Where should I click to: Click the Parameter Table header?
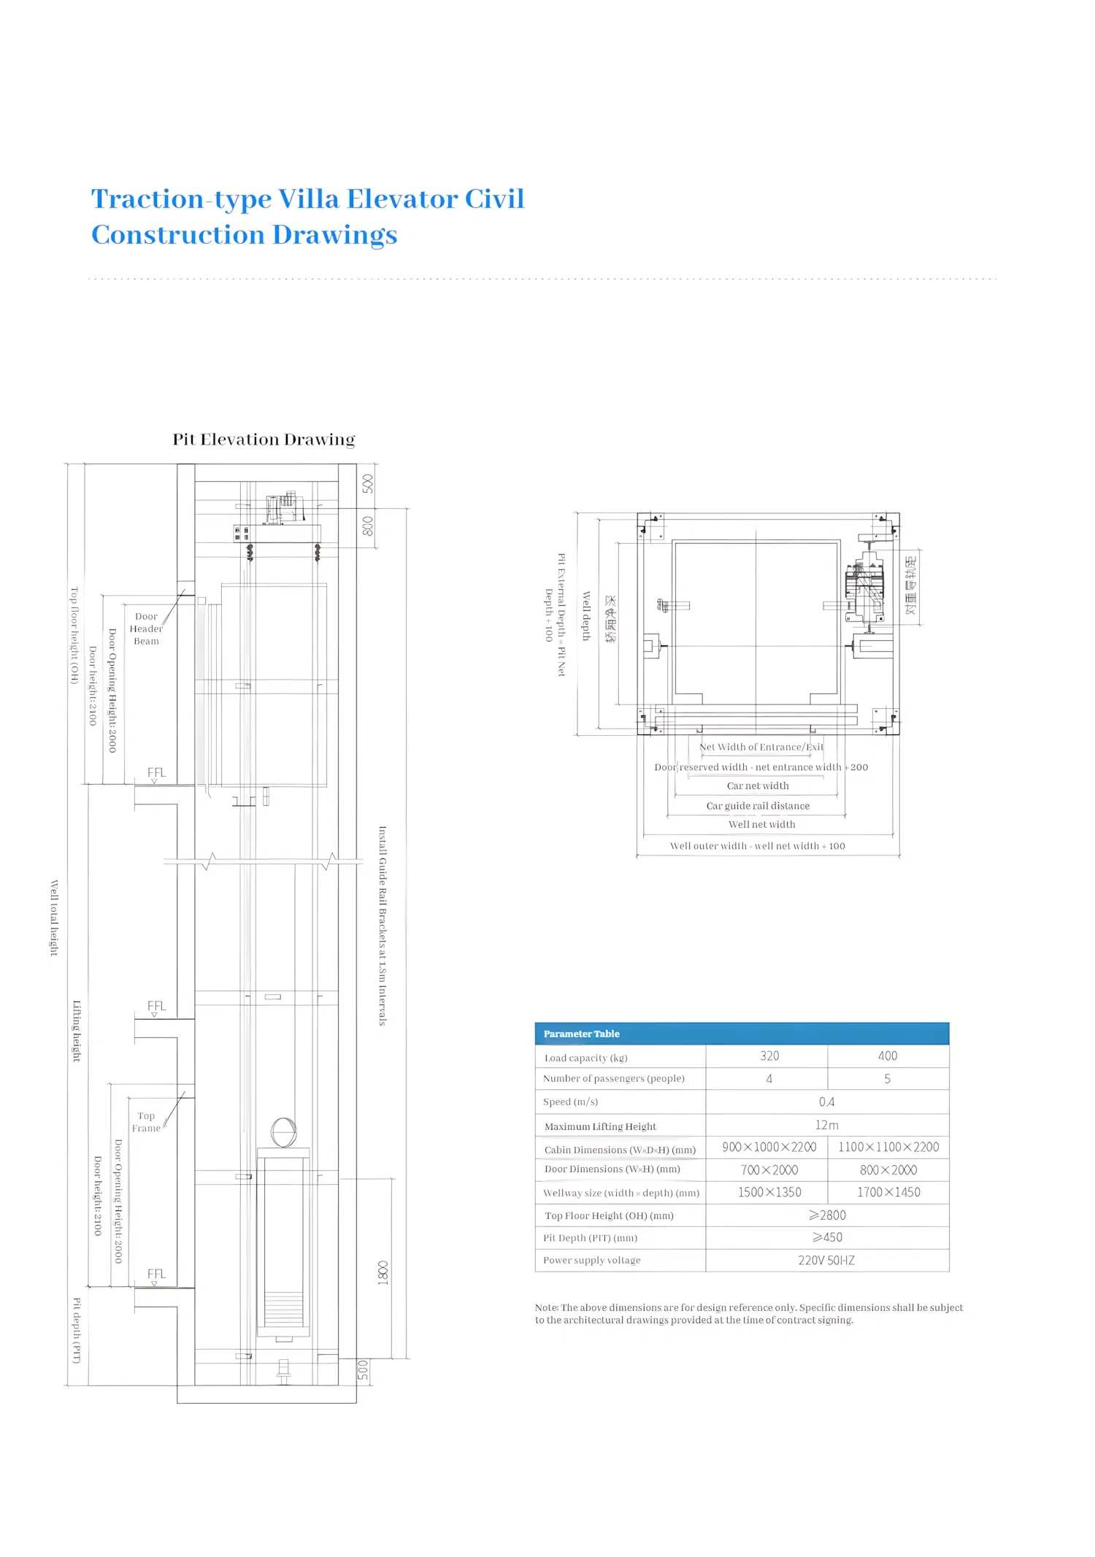[582, 1034]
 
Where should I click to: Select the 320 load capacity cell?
[769, 1056]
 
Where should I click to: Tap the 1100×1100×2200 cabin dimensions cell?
[888, 1147]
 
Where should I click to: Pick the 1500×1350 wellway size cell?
[769, 1193]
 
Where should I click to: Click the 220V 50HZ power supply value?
[826, 1261]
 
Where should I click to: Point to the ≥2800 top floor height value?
[826, 1215]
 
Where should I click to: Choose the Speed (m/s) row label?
[570, 1102]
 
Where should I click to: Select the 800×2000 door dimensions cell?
[888, 1170]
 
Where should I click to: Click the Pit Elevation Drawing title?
[264, 439]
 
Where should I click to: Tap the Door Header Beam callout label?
[146, 628]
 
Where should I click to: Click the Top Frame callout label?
[146, 1122]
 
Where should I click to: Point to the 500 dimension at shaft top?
[367, 484]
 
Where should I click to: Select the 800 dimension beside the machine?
[367, 526]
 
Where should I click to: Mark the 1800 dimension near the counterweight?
[383, 1272]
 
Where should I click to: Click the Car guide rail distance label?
[758, 806]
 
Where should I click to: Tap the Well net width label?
[761, 825]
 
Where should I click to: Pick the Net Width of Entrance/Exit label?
[761, 747]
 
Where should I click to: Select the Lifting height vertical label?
[77, 1031]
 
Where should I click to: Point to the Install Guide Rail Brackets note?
[382, 926]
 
